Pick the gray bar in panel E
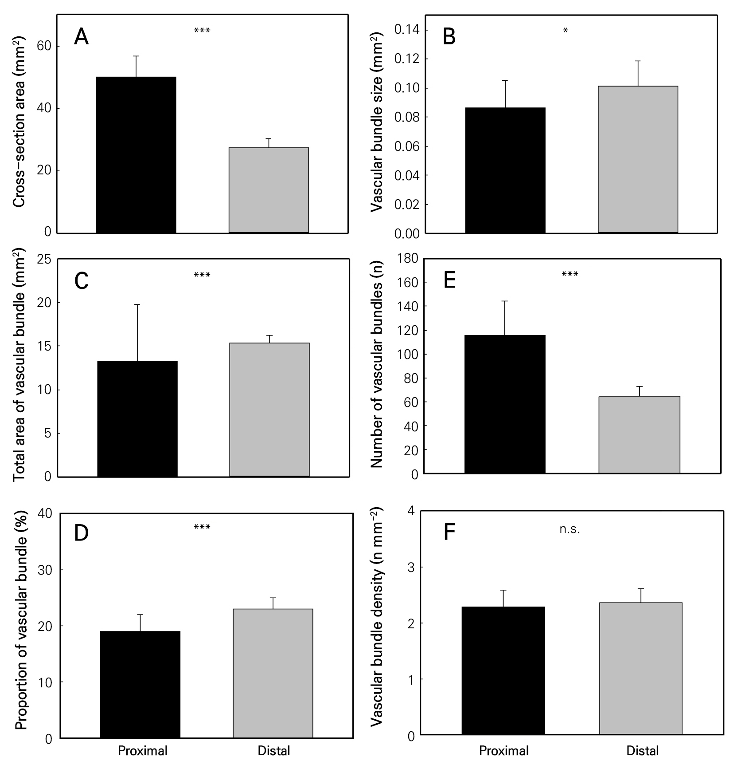pos(639,434)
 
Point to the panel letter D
pos(81,534)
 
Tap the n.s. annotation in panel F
pos(570,529)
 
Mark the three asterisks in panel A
pos(202,31)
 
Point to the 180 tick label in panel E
pos(408,258)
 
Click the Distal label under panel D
pos(273,751)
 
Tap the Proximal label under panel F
pos(504,751)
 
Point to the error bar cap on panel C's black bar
pos(137,304)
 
